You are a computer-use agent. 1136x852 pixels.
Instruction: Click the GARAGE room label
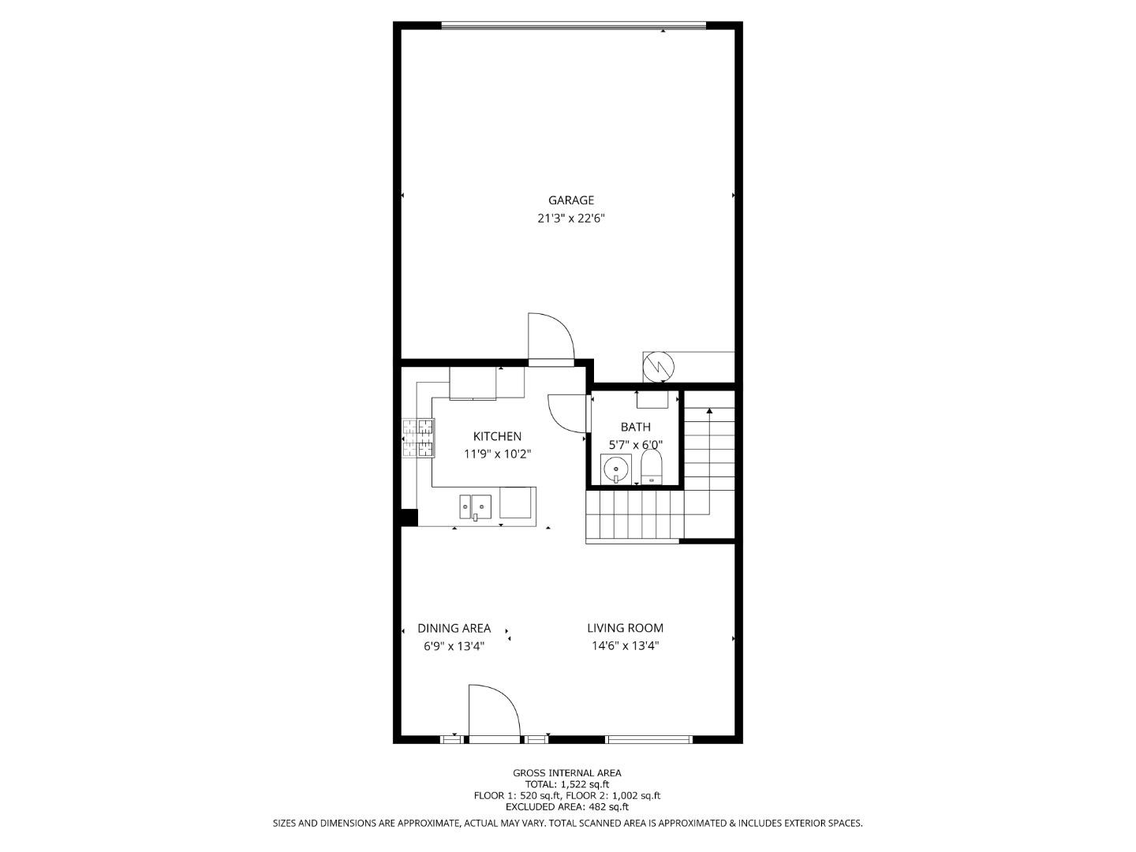(x=571, y=200)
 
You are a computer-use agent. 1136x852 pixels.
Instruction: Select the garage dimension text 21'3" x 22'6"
(x=571, y=219)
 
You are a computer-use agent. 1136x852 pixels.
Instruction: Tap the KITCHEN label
(x=497, y=436)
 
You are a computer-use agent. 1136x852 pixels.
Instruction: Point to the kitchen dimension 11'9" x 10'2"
(x=497, y=454)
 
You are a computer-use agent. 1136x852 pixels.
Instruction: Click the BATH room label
(x=635, y=427)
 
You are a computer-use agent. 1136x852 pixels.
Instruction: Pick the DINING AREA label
(x=454, y=628)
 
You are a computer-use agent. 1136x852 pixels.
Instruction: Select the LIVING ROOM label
(x=625, y=628)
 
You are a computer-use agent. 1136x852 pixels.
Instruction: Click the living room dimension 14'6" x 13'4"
(x=625, y=645)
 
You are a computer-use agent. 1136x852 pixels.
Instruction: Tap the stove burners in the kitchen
(x=418, y=439)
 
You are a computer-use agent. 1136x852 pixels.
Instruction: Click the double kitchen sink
(x=476, y=505)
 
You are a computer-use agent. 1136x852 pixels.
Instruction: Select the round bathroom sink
(x=615, y=470)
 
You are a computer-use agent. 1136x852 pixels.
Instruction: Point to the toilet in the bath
(x=652, y=469)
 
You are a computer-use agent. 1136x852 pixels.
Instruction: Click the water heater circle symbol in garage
(x=658, y=365)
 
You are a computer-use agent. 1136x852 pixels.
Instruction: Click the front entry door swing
(x=494, y=712)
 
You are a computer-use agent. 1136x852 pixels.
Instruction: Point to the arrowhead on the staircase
(x=709, y=411)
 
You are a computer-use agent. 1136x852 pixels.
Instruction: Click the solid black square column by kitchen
(x=409, y=518)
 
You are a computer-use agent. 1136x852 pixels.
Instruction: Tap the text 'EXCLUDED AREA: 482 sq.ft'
(x=567, y=806)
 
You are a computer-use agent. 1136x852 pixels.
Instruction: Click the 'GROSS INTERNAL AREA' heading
(x=567, y=773)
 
